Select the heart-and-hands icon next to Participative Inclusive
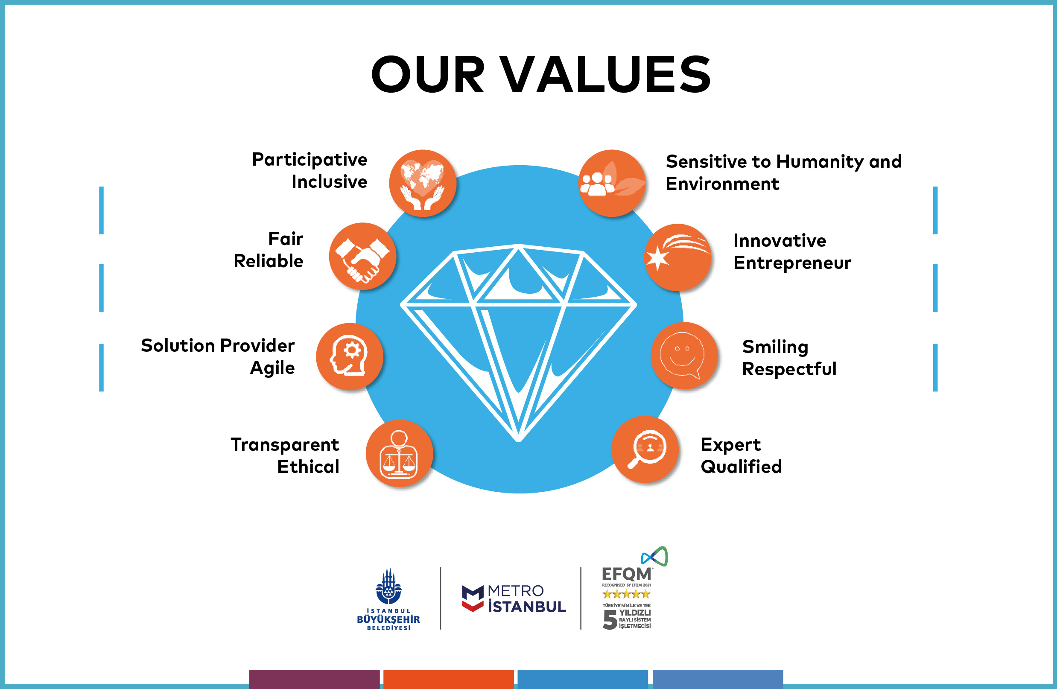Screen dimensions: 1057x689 pyautogui.click(x=423, y=183)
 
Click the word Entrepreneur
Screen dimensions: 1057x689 pyautogui.click(x=792, y=263)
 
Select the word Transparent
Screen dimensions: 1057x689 pyautogui.click(x=285, y=445)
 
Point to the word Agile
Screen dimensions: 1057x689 pyautogui.click(x=272, y=368)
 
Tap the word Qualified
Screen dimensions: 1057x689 pyautogui.click(x=741, y=467)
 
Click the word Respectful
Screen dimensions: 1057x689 pyautogui.click(x=789, y=369)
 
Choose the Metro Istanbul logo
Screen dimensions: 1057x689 pyautogui.click(x=514, y=598)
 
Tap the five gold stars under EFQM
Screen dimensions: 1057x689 pyautogui.click(x=626, y=594)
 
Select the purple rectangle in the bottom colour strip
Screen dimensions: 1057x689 pyautogui.click(x=315, y=679)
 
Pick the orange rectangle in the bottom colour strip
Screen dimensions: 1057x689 pyautogui.click(x=449, y=679)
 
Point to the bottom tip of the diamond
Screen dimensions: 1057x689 pyautogui.click(x=518, y=440)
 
